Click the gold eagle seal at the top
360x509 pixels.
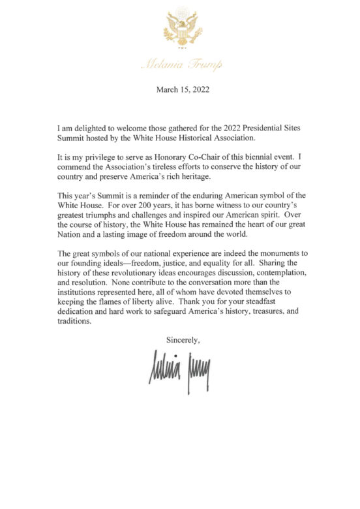click(x=180, y=27)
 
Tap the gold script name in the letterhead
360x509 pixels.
click(x=180, y=64)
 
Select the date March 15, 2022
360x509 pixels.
click(x=179, y=89)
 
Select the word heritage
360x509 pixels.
click(x=215, y=177)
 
